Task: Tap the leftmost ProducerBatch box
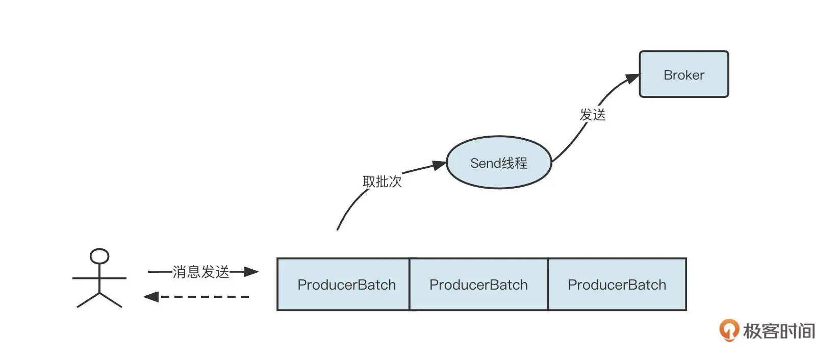pyautogui.click(x=343, y=284)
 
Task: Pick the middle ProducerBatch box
pyautogui.click(x=478, y=284)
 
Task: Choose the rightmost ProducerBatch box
pyautogui.click(x=617, y=284)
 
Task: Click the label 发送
pyautogui.click(x=593, y=115)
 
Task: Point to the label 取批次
pyautogui.click(x=382, y=182)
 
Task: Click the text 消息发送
pyautogui.click(x=201, y=272)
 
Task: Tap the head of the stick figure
pyautogui.click(x=99, y=256)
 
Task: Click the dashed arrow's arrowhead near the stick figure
pyautogui.click(x=150, y=296)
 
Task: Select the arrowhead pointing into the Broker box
pyautogui.click(x=632, y=79)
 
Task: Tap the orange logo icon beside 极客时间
pyautogui.click(x=729, y=330)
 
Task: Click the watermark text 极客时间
pyautogui.click(x=779, y=331)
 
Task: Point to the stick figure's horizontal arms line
pyautogui.click(x=99, y=278)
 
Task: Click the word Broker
pyautogui.click(x=683, y=75)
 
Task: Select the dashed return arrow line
pyautogui.click(x=204, y=296)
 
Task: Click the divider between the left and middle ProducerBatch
pyautogui.click(x=410, y=284)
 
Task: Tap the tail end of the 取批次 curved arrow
pyautogui.click(x=338, y=229)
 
